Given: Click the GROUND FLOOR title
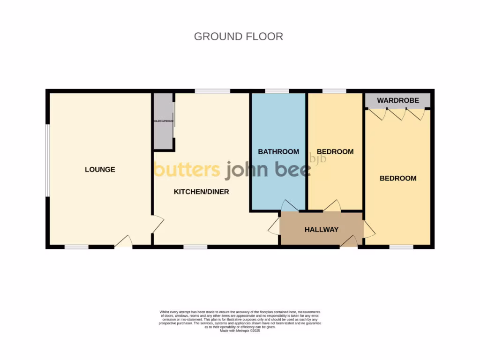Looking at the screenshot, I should point(238,37).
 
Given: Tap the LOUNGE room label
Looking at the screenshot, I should point(100,170).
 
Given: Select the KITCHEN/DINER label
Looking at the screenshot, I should point(201,192).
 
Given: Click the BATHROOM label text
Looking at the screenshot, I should point(278,152).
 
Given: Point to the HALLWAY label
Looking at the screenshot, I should point(321,230).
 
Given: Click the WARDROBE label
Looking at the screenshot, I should point(397,100).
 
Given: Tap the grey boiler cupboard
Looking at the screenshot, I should point(163,121).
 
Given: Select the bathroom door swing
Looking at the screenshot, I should point(289,206).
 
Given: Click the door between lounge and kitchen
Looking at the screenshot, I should point(157,224).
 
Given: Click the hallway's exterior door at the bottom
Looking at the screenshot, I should point(349,241).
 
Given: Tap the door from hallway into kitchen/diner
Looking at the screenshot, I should point(274,228).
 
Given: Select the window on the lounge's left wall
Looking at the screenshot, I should point(47,160).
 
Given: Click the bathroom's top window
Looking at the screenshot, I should point(277,91).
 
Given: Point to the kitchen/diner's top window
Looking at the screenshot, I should point(212,91).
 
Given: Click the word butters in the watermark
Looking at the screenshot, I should point(187,170).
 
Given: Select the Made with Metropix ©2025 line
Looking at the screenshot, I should point(240,330).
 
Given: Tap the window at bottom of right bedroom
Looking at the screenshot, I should point(401,247).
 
